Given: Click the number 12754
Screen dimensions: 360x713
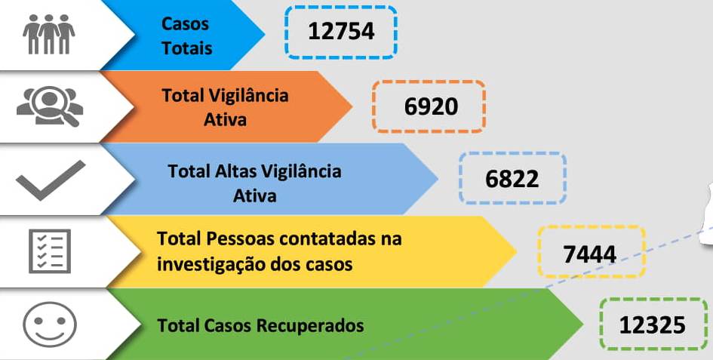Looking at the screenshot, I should (341, 32).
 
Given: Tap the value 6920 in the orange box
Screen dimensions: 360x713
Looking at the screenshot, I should (431, 106).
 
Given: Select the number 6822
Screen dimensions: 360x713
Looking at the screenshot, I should (512, 179).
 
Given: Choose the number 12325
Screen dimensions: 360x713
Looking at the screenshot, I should (653, 325).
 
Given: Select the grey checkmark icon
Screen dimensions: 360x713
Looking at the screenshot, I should (50, 180).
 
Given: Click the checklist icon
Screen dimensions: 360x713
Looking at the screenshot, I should (50, 251).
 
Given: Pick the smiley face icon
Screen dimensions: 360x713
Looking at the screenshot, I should (50, 324).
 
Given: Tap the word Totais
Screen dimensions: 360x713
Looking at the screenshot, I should (186, 48).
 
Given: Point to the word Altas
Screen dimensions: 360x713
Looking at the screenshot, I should (236, 171).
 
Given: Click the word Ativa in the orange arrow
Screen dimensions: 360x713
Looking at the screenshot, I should (225, 119).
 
